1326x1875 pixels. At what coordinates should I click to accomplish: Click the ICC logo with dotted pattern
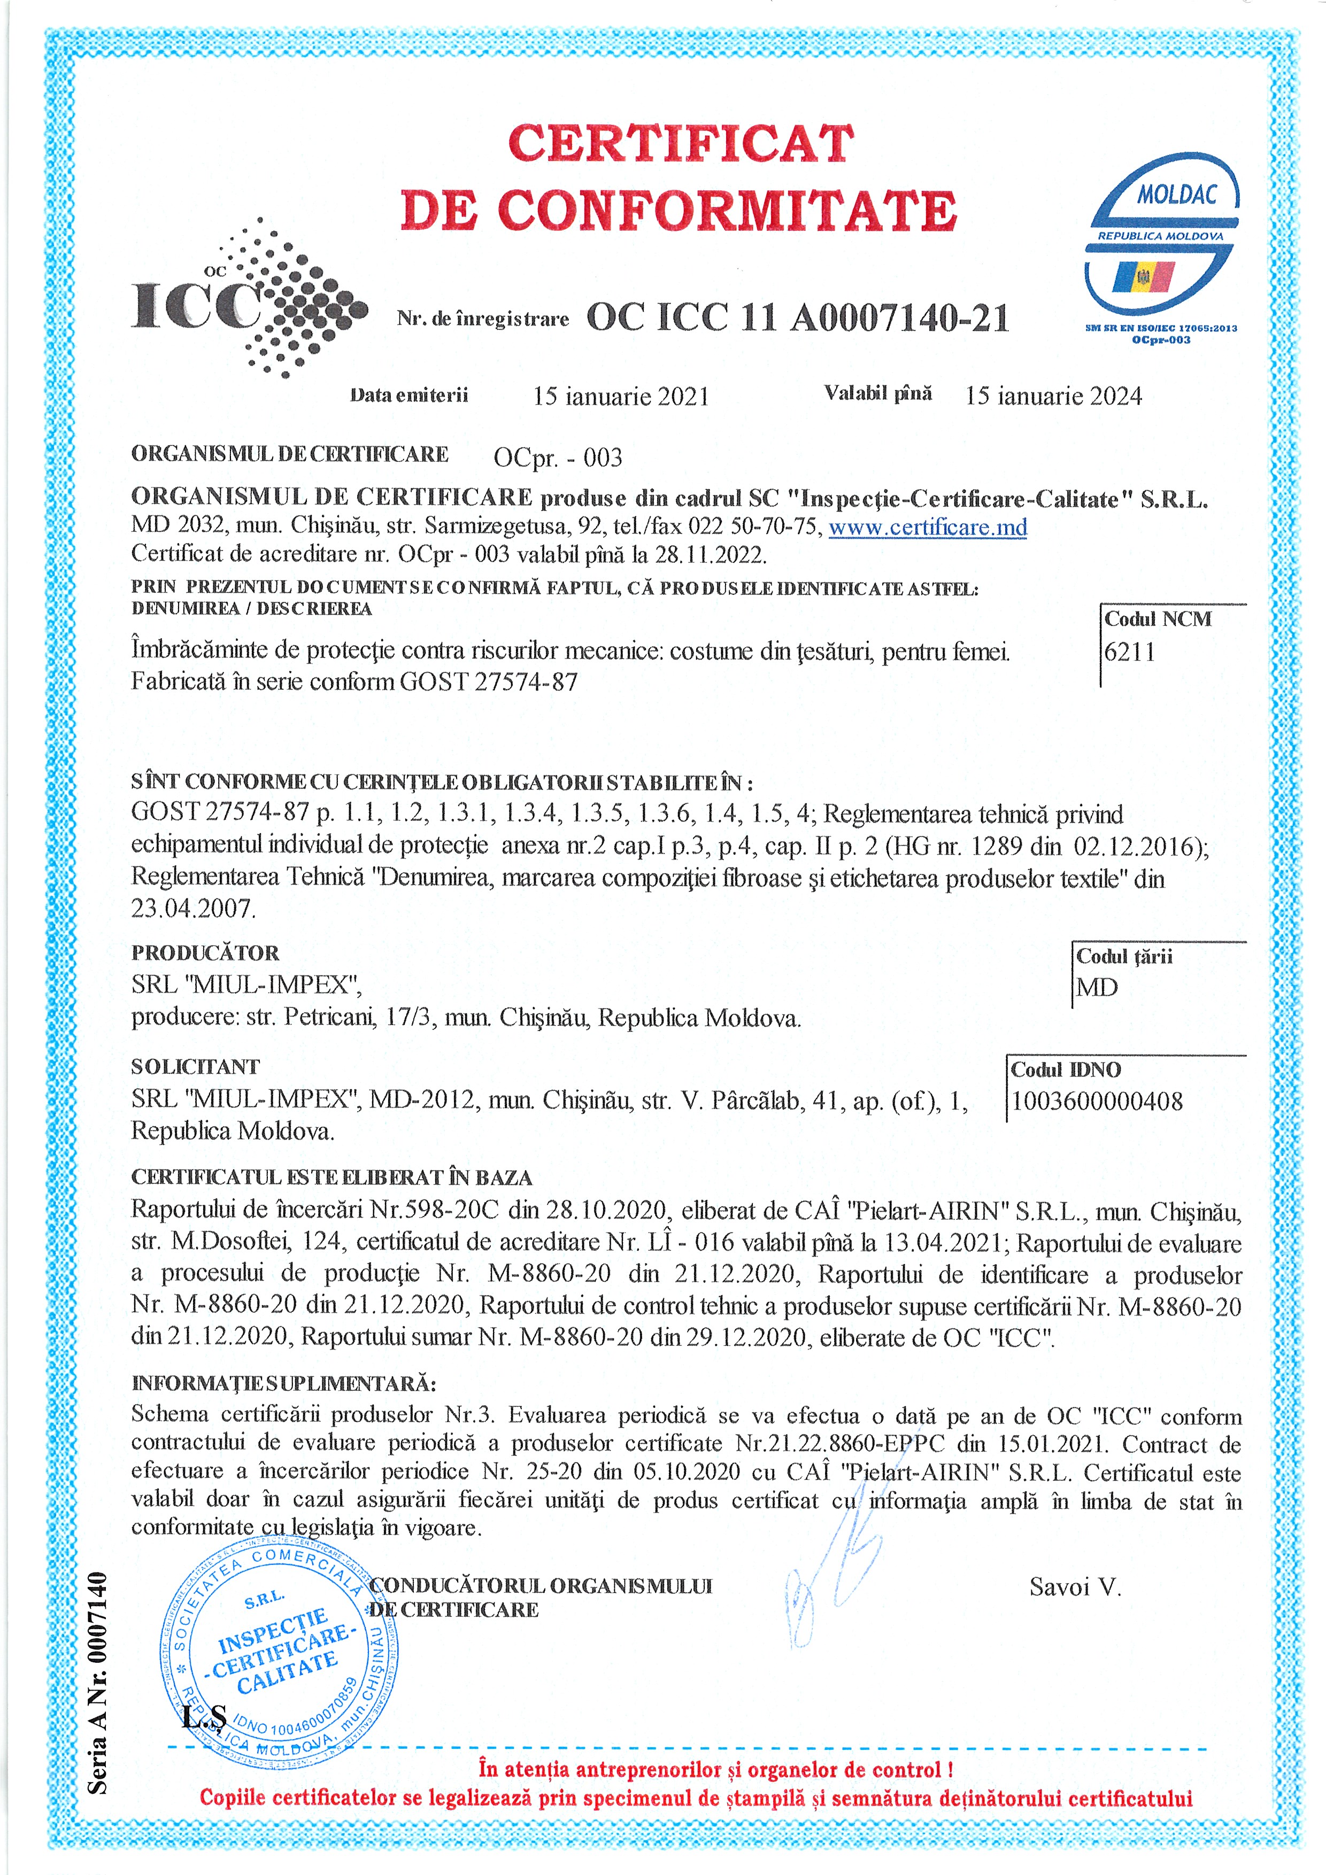[x=249, y=300]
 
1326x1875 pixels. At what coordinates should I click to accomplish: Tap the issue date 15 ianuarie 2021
[x=621, y=397]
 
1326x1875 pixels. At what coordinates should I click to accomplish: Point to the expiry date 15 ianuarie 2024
[x=1053, y=397]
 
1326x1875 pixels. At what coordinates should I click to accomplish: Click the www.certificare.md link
[x=927, y=528]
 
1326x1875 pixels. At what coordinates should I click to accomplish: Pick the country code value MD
[x=1097, y=988]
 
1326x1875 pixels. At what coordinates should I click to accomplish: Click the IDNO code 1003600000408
[x=1097, y=1102]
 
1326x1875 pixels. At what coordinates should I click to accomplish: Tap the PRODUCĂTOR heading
[x=205, y=953]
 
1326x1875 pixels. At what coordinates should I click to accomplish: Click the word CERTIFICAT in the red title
[x=681, y=144]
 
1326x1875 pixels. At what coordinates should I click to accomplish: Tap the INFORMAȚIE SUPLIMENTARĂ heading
[x=283, y=1383]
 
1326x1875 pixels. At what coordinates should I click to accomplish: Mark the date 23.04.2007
[x=194, y=908]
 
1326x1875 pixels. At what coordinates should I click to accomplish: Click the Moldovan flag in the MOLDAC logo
[x=1144, y=277]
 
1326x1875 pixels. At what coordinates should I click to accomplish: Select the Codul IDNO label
[x=1066, y=1070]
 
